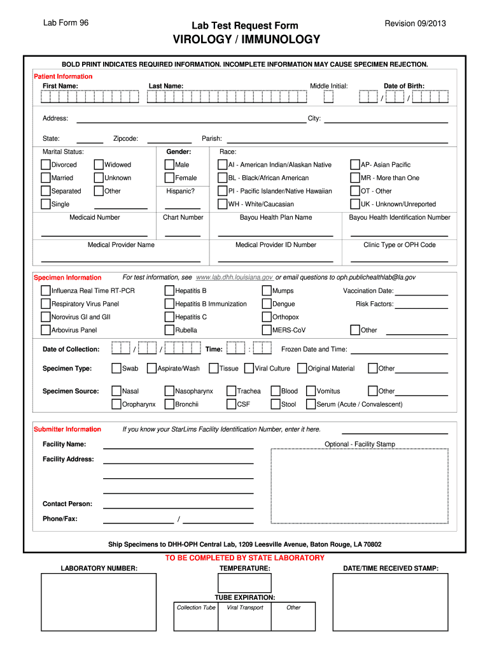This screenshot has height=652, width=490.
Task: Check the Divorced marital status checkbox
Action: point(46,164)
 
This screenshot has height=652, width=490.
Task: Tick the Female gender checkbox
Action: point(169,178)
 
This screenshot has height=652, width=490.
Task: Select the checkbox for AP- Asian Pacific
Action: point(356,164)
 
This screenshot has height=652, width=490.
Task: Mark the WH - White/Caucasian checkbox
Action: point(223,204)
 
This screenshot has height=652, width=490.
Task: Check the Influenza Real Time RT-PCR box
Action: point(46,290)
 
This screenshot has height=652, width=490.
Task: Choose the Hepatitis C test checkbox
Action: point(169,316)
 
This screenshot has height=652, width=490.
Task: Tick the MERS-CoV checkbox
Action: point(267,330)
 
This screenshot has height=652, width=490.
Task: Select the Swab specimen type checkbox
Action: point(116,368)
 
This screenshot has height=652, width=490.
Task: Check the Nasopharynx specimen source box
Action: point(169,391)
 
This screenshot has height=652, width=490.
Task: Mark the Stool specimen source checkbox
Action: point(276,404)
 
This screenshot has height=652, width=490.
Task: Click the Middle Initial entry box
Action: point(328,97)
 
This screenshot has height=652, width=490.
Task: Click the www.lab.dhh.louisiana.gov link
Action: point(235,278)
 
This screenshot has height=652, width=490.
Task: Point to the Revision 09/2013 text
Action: point(416,24)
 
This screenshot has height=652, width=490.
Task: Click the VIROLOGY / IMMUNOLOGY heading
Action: point(246,40)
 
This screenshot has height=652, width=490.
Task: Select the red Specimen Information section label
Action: point(67,278)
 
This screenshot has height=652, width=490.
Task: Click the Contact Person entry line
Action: point(178,504)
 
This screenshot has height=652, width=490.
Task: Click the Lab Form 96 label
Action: point(66,24)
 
